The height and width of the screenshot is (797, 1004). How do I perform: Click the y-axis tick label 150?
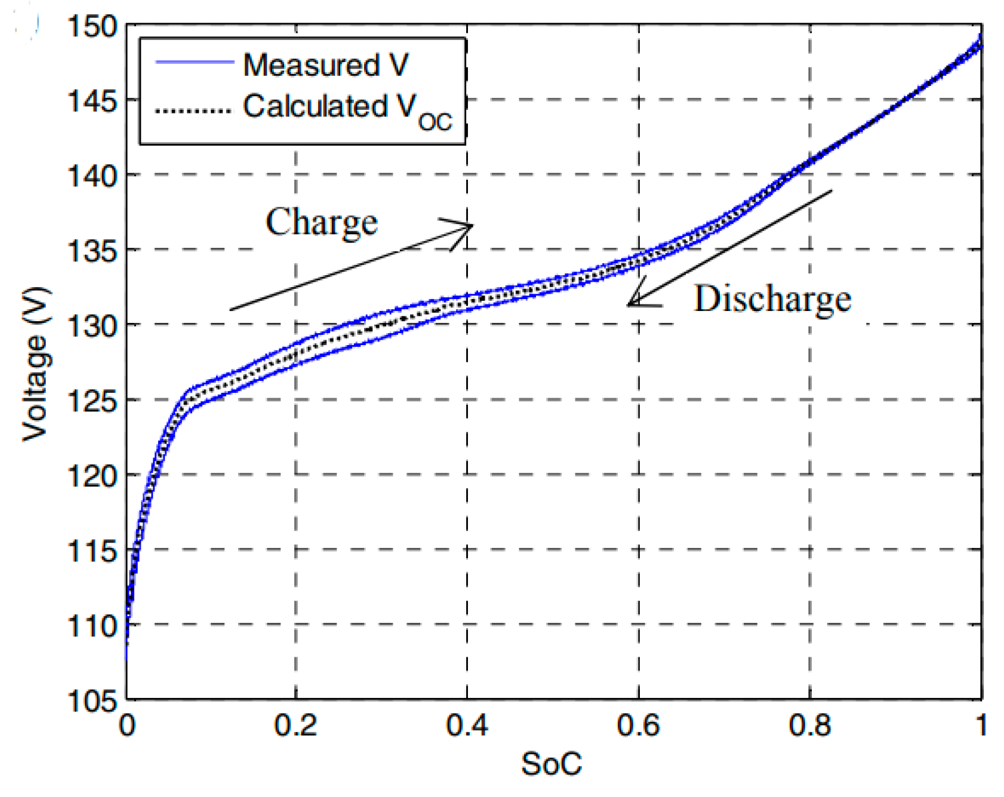point(92,27)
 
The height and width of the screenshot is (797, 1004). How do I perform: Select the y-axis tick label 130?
point(92,326)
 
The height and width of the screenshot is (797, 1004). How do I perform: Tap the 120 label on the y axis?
point(92,476)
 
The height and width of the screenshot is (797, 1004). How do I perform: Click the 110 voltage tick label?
point(92,626)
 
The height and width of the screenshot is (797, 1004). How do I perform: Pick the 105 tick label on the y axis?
point(92,701)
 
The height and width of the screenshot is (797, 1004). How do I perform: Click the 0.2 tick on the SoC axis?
point(295,725)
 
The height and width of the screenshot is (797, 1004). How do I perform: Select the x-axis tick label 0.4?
point(467,725)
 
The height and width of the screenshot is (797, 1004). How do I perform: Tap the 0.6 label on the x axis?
point(638,725)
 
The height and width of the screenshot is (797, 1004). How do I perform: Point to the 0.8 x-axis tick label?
point(809,725)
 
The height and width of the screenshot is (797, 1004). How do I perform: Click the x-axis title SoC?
point(551,764)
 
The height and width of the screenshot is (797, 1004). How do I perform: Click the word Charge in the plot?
point(321,222)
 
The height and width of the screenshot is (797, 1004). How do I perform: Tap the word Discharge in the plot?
point(772,298)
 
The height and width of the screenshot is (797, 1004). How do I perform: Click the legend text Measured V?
point(325,64)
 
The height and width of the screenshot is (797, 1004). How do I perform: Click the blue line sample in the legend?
point(193,62)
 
